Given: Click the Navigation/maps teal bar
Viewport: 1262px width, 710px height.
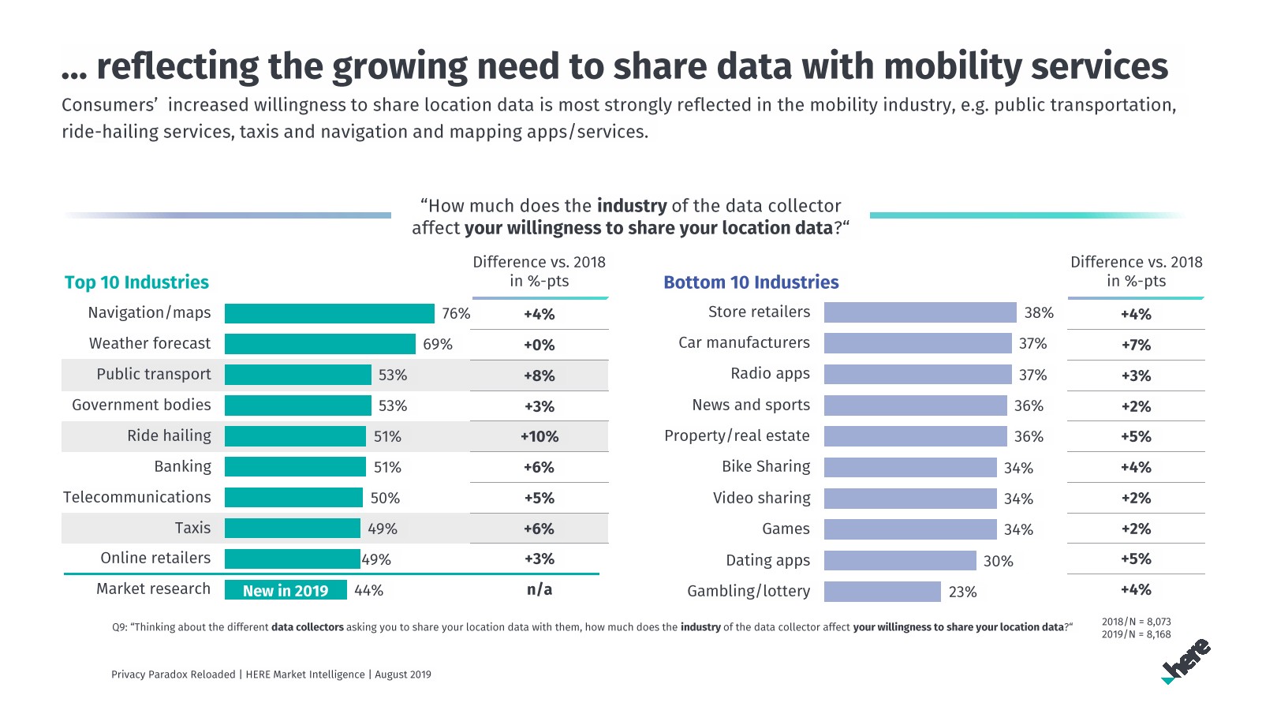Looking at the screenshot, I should (x=329, y=313).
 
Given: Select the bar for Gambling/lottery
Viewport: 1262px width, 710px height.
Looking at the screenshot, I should (x=882, y=592).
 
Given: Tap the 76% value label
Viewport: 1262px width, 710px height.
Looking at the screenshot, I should (x=456, y=314).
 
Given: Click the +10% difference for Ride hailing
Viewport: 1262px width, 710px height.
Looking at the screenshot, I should (x=540, y=436).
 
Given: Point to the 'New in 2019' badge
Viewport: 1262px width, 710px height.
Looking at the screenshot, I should (x=286, y=591).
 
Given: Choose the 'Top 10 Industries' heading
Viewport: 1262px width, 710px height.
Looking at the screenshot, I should (x=136, y=282).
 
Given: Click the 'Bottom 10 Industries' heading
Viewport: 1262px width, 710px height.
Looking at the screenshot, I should (x=751, y=282).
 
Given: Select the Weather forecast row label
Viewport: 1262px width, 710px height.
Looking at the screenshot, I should (x=150, y=343).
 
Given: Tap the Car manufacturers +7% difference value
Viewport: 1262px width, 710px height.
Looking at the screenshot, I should (x=1136, y=345).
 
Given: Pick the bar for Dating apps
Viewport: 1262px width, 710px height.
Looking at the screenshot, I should (x=900, y=561).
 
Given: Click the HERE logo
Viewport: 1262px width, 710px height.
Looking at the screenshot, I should (x=1186, y=661).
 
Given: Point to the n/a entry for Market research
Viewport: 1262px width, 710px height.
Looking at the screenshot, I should (x=540, y=589).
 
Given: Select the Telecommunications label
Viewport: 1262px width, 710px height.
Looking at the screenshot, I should (x=137, y=497).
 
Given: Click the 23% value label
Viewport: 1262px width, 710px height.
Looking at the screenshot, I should (x=962, y=592).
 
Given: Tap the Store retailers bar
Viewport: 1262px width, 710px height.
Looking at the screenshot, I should (x=920, y=313).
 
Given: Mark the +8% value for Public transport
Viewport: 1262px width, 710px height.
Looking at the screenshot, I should (x=540, y=376).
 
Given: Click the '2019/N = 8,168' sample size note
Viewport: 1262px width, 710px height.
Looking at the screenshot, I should (x=1136, y=634).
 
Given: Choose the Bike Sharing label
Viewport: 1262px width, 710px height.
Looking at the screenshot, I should (x=766, y=466).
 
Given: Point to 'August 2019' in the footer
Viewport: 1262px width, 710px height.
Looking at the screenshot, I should (x=403, y=674).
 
